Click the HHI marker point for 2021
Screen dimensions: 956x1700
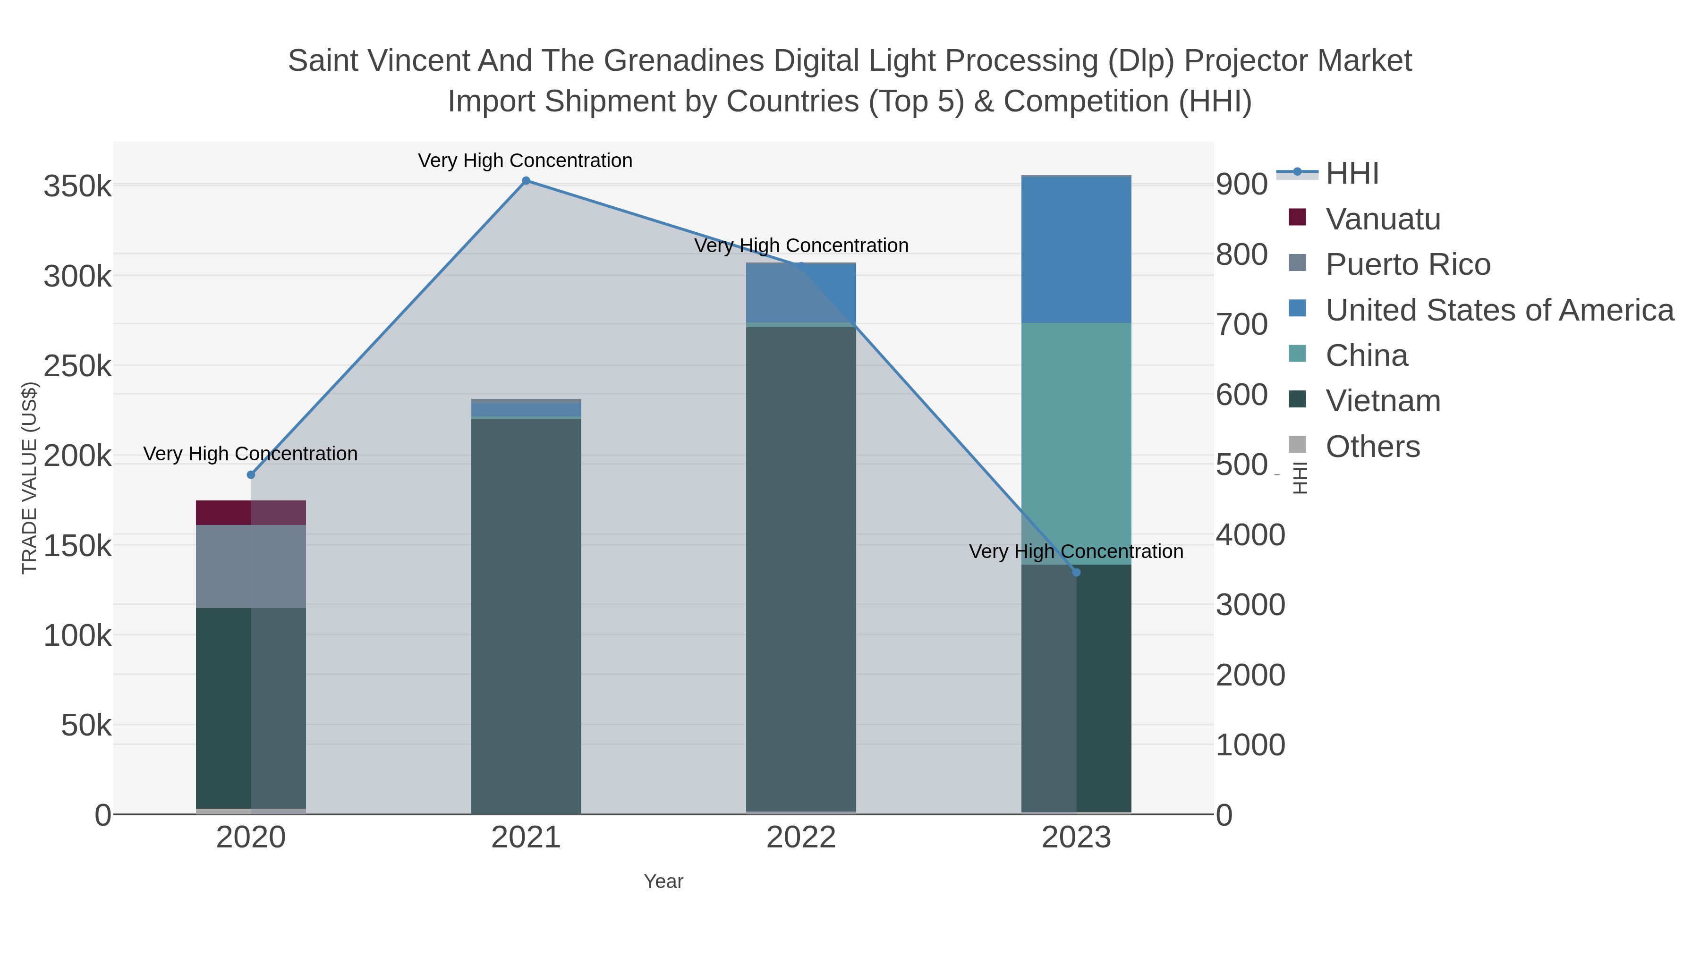(x=526, y=181)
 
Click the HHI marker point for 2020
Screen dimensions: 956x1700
(x=251, y=475)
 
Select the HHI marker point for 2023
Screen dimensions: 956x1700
(x=1076, y=573)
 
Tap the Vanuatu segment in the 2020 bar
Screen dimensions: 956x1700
(x=251, y=513)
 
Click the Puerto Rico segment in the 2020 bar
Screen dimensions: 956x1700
(x=251, y=566)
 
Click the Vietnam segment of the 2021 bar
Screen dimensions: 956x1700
(x=526, y=614)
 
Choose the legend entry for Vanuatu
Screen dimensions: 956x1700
(x=1383, y=219)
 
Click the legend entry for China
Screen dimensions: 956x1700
(x=1366, y=355)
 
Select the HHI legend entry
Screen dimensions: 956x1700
(x=1351, y=174)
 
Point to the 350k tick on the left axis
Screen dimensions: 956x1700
(x=78, y=186)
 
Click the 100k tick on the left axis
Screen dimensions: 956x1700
(x=78, y=636)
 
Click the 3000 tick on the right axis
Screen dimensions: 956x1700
(x=1250, y=605)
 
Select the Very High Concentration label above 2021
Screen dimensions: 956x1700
(x=525, y=161)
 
